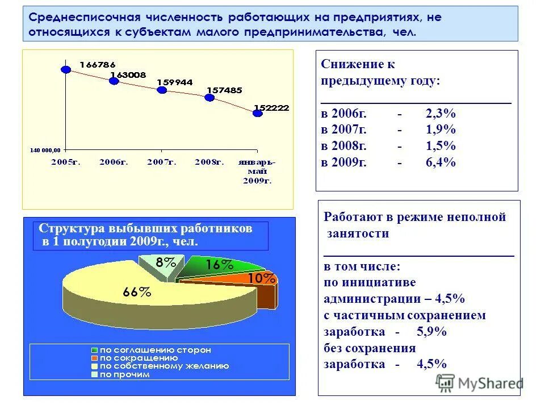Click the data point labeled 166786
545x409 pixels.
[x=66, y=69]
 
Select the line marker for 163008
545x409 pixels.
[x=114, y=81]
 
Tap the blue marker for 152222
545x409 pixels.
[x=258, y=113]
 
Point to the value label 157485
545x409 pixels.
[x=224, y=90]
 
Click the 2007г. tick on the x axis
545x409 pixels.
[x=162, y=162]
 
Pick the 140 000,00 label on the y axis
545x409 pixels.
[x=45, y=150]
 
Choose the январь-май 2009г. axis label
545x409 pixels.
[x=258, y=171]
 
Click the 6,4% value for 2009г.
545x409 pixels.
[x=441, y=162]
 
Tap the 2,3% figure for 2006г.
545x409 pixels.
[x=441, y=113]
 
